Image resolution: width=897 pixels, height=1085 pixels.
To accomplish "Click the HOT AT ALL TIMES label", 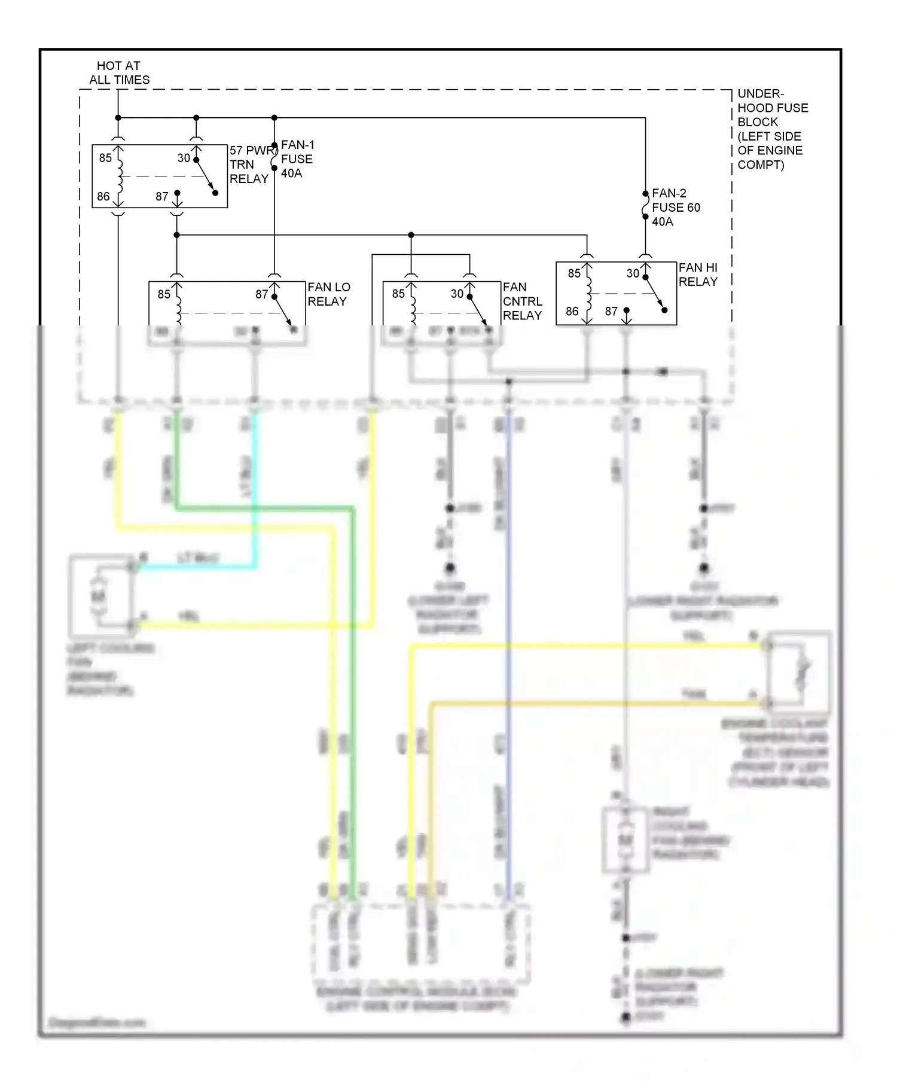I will (119, 72).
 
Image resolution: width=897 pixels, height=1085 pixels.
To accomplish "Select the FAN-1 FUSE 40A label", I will (297, 159).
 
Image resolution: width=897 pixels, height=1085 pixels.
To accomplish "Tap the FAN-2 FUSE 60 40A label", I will (675, 208).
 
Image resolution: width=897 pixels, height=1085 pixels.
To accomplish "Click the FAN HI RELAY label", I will (698, 275).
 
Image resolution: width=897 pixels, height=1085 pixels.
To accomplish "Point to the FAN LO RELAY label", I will (329, 294).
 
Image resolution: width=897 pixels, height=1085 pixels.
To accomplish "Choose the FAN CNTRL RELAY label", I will (522, 301).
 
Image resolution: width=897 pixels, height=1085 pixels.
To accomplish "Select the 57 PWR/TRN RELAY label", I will (249, 164).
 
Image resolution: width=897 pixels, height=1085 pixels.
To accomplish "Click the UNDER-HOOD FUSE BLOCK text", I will (772, 129).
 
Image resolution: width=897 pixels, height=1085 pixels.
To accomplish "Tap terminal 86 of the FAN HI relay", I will (572, 311).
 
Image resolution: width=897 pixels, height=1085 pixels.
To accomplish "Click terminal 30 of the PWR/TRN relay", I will (184, 158).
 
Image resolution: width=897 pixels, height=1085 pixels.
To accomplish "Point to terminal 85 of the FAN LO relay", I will (164, 294).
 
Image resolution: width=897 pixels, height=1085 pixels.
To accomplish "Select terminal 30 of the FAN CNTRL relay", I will (457, 294).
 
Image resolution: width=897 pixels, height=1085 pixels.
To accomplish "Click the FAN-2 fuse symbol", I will (645, 205).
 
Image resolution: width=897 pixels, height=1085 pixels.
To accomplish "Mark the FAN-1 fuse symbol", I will (274, 157).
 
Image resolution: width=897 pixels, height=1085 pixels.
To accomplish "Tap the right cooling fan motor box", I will (626, 840).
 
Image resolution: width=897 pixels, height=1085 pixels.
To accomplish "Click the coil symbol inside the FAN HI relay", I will (588, 293).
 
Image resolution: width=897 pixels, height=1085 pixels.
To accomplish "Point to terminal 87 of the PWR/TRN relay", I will (162, 196).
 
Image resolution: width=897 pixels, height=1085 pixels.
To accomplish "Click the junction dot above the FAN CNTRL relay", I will (411, 235).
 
